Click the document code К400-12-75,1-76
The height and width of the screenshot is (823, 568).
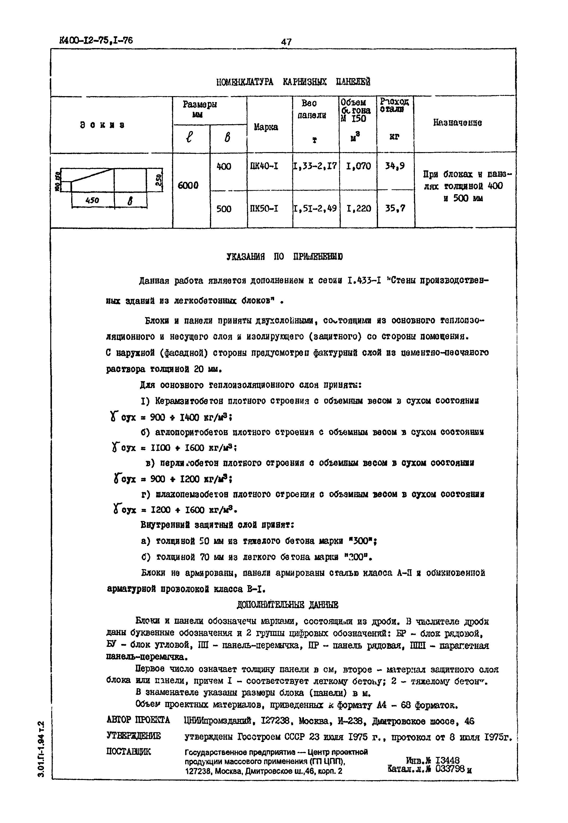pos(96,40)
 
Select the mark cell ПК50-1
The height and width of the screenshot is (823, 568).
pos(265,208)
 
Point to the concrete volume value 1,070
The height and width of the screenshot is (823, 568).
pos(358,166)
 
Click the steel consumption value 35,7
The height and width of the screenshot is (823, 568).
pos(395,208)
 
